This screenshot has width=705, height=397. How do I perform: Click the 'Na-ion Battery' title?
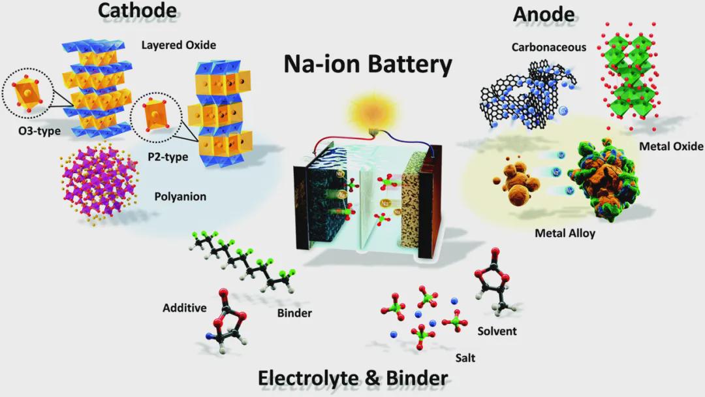(x=368, y=65)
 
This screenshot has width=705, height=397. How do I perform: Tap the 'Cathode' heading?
(x=137, y=10)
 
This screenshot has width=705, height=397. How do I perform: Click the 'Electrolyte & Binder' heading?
(x=352, y=377)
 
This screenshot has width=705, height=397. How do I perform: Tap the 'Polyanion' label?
(x=180, y=196)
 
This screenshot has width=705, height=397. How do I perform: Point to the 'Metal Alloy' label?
(x=565, y=233)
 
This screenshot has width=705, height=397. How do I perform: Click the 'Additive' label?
(x=185, y=307)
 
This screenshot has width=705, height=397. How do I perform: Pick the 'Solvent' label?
(x=497, y=331)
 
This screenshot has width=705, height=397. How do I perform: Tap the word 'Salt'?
(x=465, y=358)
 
